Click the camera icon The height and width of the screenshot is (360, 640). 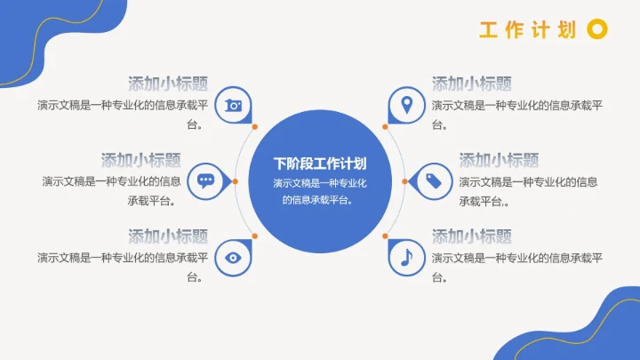[233, 105]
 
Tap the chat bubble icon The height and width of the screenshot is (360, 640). [206, 180]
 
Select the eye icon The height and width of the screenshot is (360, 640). [233, 257]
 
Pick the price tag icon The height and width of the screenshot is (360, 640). [434, 180]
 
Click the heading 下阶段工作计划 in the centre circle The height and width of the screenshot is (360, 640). [320, 164]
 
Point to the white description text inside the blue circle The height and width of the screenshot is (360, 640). [320, 191]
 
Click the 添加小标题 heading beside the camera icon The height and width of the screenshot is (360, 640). [168, 84]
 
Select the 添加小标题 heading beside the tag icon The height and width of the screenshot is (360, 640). [499, 160]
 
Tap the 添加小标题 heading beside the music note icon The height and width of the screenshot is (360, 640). [472, 236]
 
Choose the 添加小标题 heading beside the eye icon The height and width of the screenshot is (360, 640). [168, 236]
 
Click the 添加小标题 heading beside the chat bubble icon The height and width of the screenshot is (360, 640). [141, 160]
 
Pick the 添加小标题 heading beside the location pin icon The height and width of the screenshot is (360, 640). [472, 84]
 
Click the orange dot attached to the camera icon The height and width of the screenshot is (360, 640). [254, 127]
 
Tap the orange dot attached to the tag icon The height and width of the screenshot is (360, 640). [405, 181]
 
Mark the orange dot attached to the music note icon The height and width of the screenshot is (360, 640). [386, 236]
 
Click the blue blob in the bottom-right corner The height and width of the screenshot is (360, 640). [613, 329]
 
